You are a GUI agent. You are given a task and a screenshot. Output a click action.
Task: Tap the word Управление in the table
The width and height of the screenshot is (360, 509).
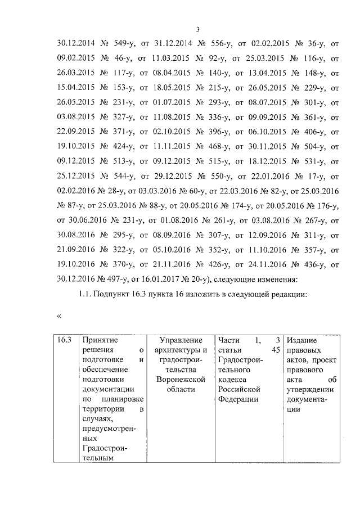[x=181, y=340]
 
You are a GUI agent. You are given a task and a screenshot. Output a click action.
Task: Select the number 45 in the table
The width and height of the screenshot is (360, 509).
[x=275, y=350]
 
